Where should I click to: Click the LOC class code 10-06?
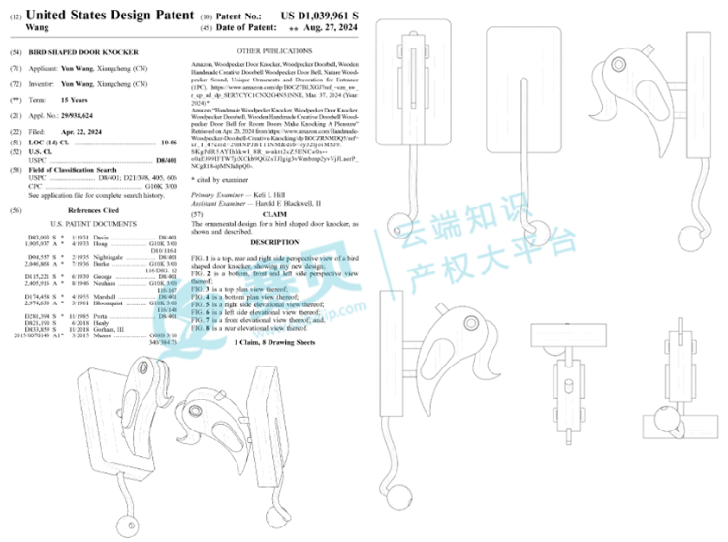tap(168, 143)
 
